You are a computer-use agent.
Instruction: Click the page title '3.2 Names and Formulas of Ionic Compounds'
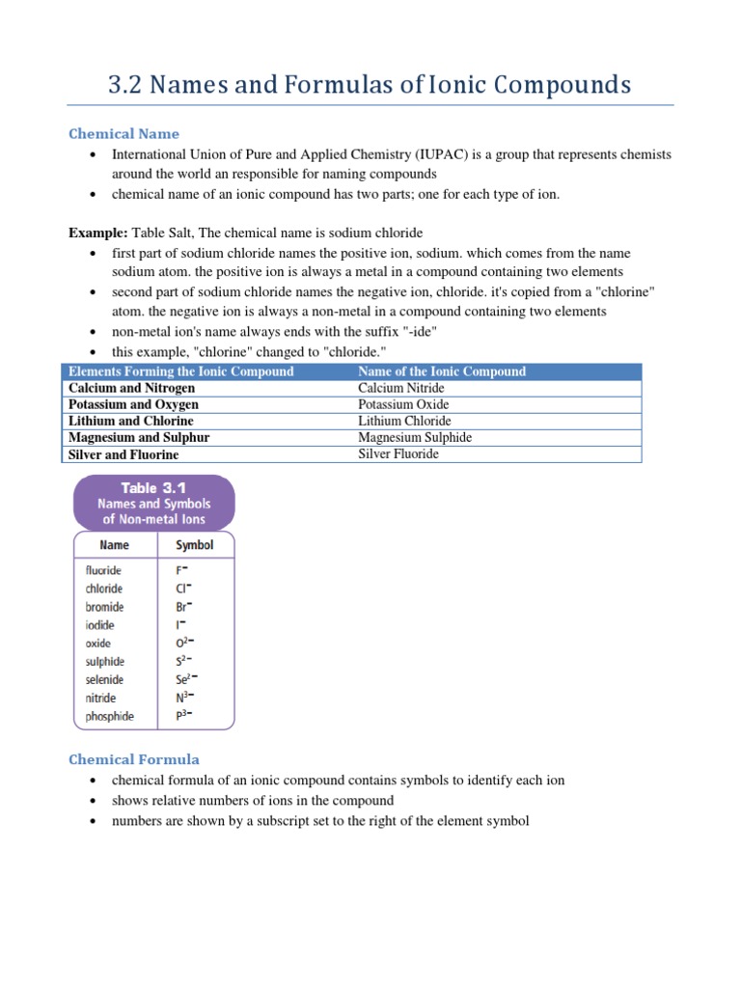[370, 85]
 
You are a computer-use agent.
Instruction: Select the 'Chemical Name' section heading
[123, 134]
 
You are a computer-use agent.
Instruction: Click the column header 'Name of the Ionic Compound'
[442, 371]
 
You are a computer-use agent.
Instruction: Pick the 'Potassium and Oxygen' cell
[133, 404]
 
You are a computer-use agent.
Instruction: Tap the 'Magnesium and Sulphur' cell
[139, 437]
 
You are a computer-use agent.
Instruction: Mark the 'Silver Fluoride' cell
[398, 453]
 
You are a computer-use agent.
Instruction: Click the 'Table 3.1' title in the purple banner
[154, 488]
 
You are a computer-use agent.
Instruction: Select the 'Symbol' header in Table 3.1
[194, 545]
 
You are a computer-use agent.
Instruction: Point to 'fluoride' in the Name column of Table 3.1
[104, 571]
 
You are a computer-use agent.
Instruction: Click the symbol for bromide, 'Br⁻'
[183, 607]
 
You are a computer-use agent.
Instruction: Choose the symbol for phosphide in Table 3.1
[183, 716]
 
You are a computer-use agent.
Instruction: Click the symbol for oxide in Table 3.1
[183, 644]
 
